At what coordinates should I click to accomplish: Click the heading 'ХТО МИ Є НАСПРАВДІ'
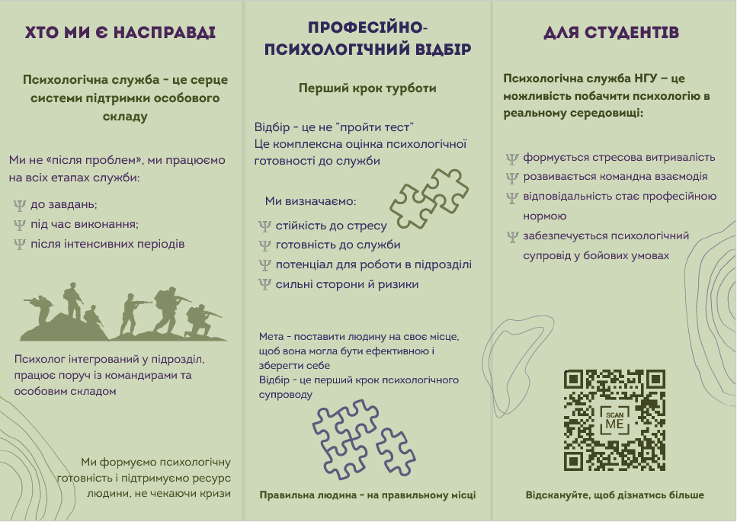click(120, 33)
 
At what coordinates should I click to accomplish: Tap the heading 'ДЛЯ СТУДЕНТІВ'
click(612, 33)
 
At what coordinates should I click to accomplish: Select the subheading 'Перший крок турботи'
click(367, 88)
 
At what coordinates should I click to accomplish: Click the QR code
click(614, 420)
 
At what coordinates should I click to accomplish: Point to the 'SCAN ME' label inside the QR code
click(614, 419)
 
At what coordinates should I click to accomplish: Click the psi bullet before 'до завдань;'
click(20, 205)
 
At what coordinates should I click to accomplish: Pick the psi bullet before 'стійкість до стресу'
click(265, 226)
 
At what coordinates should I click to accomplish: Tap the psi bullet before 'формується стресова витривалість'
click(513, 159)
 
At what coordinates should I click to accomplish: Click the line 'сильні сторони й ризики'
click(347, 285)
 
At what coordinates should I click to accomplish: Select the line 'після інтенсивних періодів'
click(107, 244)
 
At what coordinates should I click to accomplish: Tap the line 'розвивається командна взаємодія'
click(615, 177)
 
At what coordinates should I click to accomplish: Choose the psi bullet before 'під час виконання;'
click(20, 225)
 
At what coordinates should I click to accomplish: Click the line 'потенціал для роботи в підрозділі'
click(373, 265)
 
